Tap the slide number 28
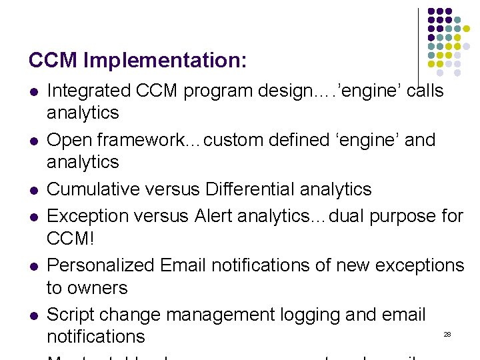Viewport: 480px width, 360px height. [447, 334]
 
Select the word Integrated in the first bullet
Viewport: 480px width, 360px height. [89, 91]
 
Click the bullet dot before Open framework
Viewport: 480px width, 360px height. [33, 141]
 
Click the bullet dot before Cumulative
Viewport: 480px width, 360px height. [33, 191]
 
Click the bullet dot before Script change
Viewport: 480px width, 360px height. [33, 315]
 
